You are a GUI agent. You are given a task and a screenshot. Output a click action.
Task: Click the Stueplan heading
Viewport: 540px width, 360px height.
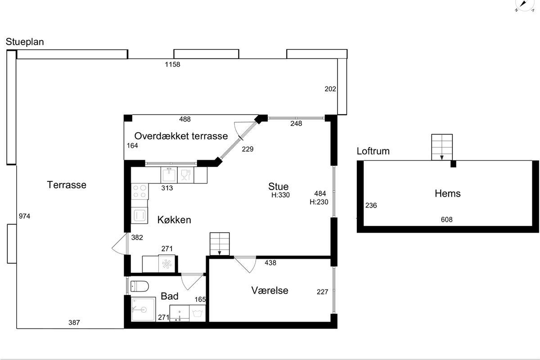[x=25, y=42]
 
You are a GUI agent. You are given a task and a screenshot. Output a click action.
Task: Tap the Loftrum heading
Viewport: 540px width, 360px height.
[x=373, y=151]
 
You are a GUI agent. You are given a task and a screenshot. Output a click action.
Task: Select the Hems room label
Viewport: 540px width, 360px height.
[x=448, y=193]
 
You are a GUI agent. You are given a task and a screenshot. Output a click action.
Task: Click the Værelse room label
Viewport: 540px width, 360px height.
[x=270, y=290]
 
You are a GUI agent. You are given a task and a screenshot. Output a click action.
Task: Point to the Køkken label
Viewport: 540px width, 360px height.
[x=174, y=220]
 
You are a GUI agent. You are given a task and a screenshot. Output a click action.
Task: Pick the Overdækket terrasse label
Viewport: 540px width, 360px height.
[x=181, y=136]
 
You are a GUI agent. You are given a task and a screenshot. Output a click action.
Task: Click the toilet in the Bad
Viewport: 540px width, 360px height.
[x=139, y=286]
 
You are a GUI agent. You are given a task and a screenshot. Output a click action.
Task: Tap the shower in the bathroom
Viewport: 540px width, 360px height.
[x=143, y=309]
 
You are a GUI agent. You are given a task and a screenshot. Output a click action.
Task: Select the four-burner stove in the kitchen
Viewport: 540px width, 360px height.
[x=140, y=191]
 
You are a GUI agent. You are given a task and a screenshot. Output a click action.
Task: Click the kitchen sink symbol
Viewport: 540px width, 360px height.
[x=169, y=175]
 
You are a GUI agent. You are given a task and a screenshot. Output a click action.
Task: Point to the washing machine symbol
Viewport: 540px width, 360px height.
[x=198, y=313]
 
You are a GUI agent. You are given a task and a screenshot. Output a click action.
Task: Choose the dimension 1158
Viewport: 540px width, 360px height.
[x=172, y=64]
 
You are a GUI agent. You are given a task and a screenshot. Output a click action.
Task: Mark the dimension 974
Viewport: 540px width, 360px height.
[x=25, y=216]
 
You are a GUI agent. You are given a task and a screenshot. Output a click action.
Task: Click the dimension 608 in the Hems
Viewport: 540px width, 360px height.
[x=447, y=220]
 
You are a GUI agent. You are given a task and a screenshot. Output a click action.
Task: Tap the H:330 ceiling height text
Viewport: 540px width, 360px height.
[x=281, y=195]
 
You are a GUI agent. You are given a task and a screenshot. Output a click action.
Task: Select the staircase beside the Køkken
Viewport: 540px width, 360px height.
[x=220, y=244]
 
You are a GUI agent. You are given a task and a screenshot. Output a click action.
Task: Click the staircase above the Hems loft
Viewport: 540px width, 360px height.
[x=442, y=147]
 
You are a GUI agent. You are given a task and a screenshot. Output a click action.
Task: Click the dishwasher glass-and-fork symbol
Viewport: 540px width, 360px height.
[x=185, y=175]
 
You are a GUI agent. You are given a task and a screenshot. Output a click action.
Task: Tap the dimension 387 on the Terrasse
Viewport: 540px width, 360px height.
[x=74, y=322]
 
